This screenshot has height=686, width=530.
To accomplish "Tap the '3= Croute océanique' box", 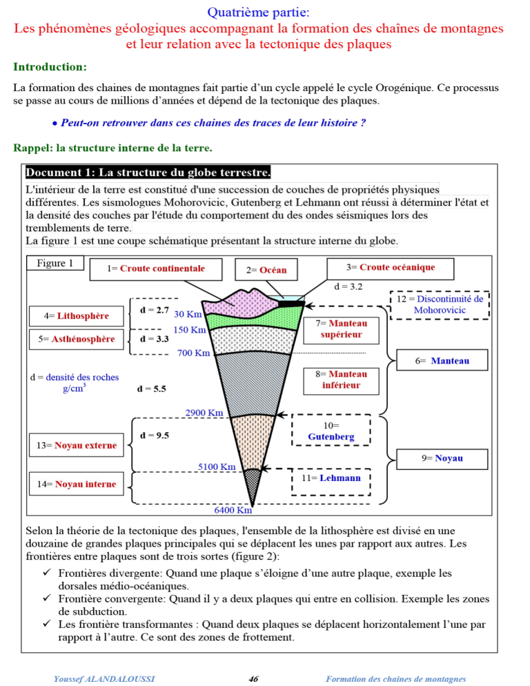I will point(390,267).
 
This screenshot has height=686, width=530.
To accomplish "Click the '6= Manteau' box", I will point(442,360).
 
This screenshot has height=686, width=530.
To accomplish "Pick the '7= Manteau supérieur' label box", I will point(341,329).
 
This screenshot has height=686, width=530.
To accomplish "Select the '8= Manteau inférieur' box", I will point(341,380).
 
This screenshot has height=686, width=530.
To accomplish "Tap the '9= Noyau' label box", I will point(443,458).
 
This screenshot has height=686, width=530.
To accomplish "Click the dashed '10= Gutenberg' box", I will point(331,431).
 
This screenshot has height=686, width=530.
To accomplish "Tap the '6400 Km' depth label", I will point(233,511).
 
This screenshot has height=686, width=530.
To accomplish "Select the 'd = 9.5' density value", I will point(154,435).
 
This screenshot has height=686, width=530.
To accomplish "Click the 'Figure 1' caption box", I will point(55,263).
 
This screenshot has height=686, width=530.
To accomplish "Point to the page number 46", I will point(253,679).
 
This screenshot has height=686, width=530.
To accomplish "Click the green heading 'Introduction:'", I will point(50,67).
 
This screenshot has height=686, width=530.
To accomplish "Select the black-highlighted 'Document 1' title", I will point(148,172).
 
